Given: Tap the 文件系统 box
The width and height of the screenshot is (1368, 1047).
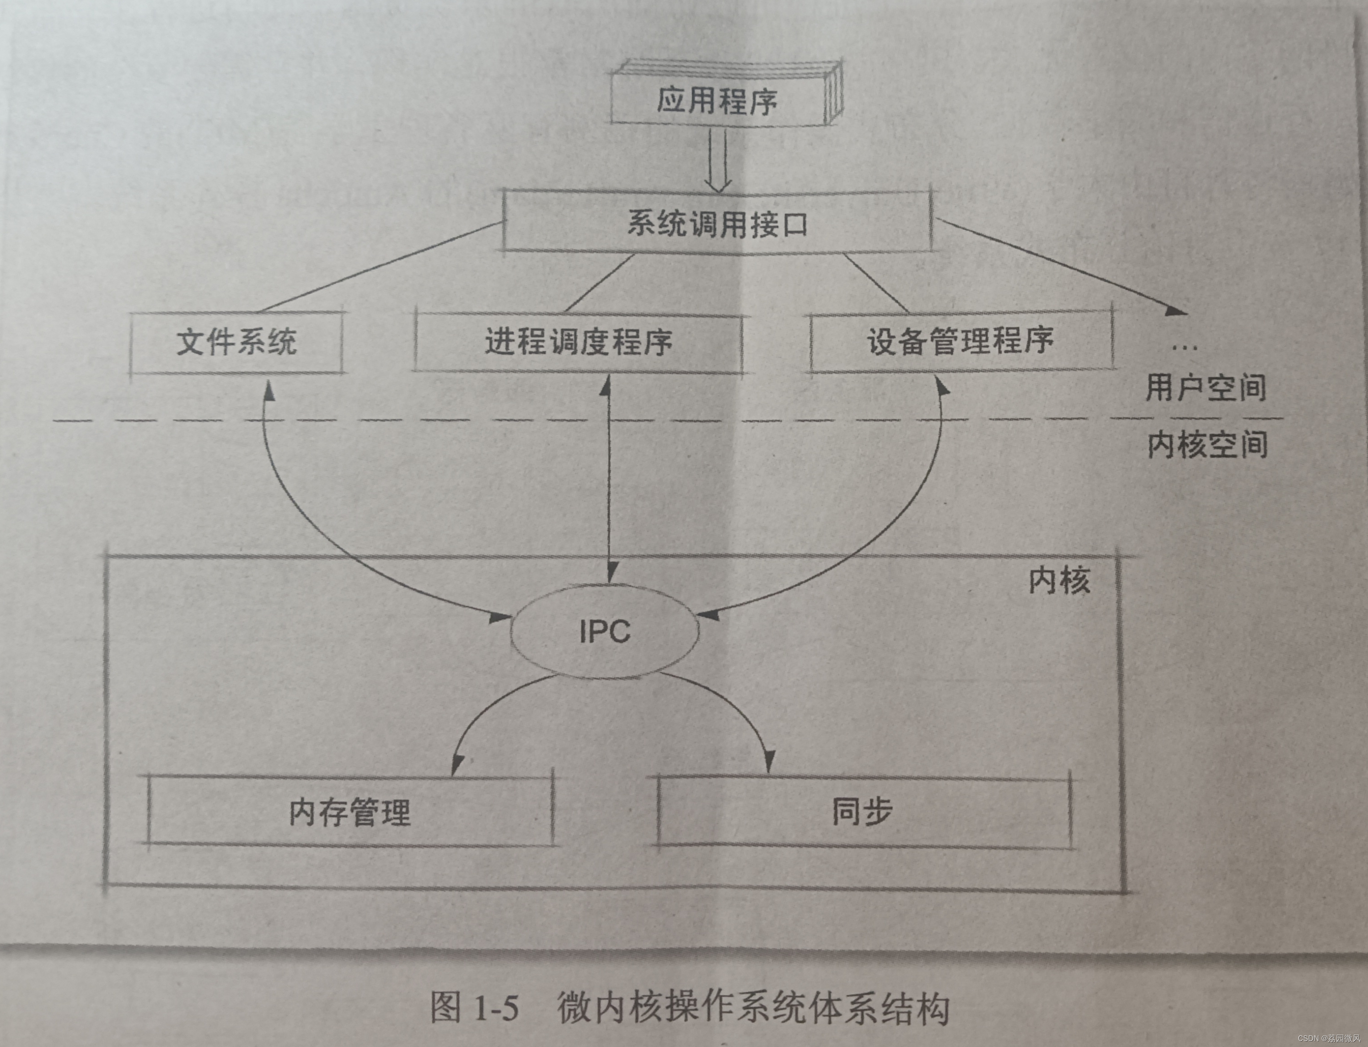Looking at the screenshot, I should (x=237, y=342).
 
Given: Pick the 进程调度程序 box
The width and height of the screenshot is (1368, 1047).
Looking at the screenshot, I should (x=578, y=342).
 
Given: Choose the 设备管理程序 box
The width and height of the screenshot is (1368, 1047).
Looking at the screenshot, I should (x=960, y=341).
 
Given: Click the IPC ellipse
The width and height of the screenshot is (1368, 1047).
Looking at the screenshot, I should (x=604, y=631).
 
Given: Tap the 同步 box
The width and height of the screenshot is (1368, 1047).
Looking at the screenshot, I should (x=864, y=811).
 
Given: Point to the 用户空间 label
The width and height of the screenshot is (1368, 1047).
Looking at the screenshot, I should (x=1206, y=388).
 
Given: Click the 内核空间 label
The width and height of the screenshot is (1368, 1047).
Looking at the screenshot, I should (x=1207, y=445).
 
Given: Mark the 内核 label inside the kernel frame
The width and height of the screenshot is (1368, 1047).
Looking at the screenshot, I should (x=1059, y=581).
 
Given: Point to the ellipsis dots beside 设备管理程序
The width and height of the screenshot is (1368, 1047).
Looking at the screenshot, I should (x=1184, y=348).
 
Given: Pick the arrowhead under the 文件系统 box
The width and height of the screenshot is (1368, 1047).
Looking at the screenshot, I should (x=268, y=390).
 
